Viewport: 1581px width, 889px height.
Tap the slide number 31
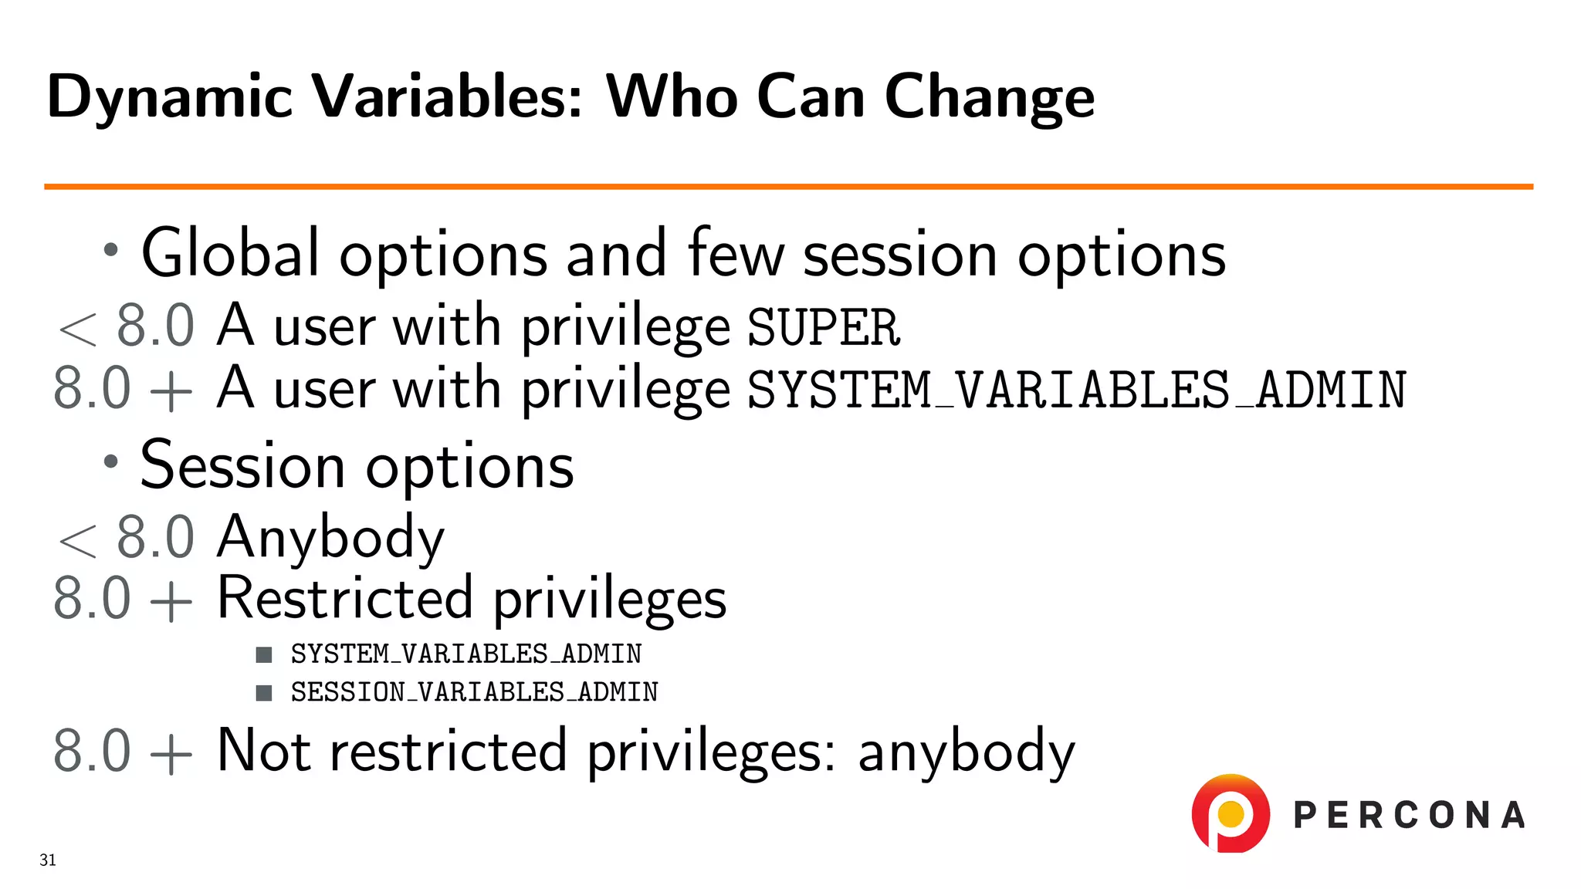(x=48, y=860)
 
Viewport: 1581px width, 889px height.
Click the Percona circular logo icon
(x=1231, y=813)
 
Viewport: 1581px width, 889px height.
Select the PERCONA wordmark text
(x=1409, y=816)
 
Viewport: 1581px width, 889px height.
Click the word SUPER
(x=824, y=327)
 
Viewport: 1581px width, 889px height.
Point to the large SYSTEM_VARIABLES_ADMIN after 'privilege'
(x=1077, y=390)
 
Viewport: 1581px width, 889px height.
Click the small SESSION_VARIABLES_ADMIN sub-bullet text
(x=474, y=692)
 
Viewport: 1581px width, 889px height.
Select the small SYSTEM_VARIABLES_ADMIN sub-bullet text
(x=465, y=654)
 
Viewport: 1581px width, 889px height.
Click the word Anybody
(x=330, y=537)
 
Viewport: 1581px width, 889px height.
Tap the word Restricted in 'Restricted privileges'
(x=344, y=598)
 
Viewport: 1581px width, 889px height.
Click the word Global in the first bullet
(x=230, y=253)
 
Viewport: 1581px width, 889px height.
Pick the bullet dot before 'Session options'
(x=111, y=461)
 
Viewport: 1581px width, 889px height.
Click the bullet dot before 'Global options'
(x=111, y=249)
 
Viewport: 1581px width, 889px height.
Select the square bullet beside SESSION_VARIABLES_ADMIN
(x=264, y=692)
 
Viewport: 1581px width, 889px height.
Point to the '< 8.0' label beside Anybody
(x=126, y=537)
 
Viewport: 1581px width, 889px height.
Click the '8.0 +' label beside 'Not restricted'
(x=122, y=751)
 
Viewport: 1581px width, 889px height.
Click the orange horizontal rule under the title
(x=787, y=186)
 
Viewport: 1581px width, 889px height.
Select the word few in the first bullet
(x=736, y=253)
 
